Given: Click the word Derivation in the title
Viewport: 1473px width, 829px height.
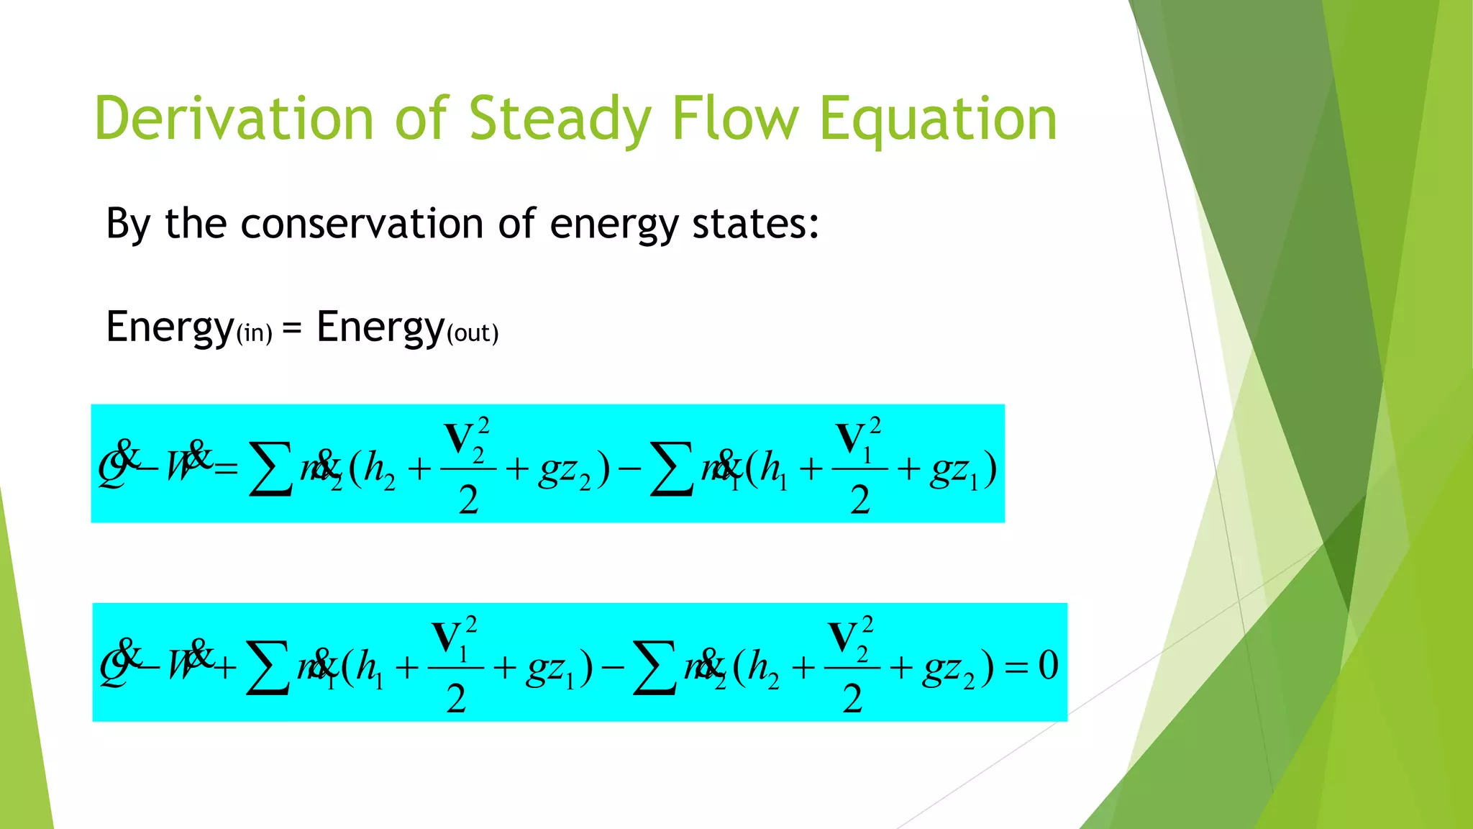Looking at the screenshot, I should pyautogui.click(x=234, y=119).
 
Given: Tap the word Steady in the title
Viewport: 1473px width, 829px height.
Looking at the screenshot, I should pyautogui.click(x=560, y=119).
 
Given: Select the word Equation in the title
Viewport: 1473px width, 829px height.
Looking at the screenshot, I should pyautogui.click(x=938, y=119).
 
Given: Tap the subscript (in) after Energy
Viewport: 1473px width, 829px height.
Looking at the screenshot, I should pyautogui.click(x=254, y=334).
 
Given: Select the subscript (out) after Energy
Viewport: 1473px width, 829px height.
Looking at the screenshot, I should pyautogui.click(x=473, y=334).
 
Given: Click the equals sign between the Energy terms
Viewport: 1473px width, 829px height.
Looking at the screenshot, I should pyautogui.click(x=292, y=328).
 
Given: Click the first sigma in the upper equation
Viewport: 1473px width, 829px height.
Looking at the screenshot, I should pyautogui.click(x=270, y=469).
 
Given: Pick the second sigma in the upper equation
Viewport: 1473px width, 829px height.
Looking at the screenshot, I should pyautogui.click(x=670, y=469).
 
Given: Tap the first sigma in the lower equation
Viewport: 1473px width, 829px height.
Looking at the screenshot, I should pyautogui.click(x=267, y=669).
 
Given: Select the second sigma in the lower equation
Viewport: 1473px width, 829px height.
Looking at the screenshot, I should pyautogui.click(x=654, y=669).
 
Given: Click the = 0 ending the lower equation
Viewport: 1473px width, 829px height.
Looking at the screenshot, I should pyautogui.click(x=1031, y=666).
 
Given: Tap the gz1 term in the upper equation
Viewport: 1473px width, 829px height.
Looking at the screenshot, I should pyautogui.click(x=954, y=472).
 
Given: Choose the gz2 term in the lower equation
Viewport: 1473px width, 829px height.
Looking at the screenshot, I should pyautogui.click(x=949, y=670).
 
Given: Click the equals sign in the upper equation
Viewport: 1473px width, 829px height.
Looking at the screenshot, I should pyautogui.click(x=225, y=470).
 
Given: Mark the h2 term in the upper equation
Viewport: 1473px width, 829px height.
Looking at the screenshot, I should pyautogui.click(x=379, y=471).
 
